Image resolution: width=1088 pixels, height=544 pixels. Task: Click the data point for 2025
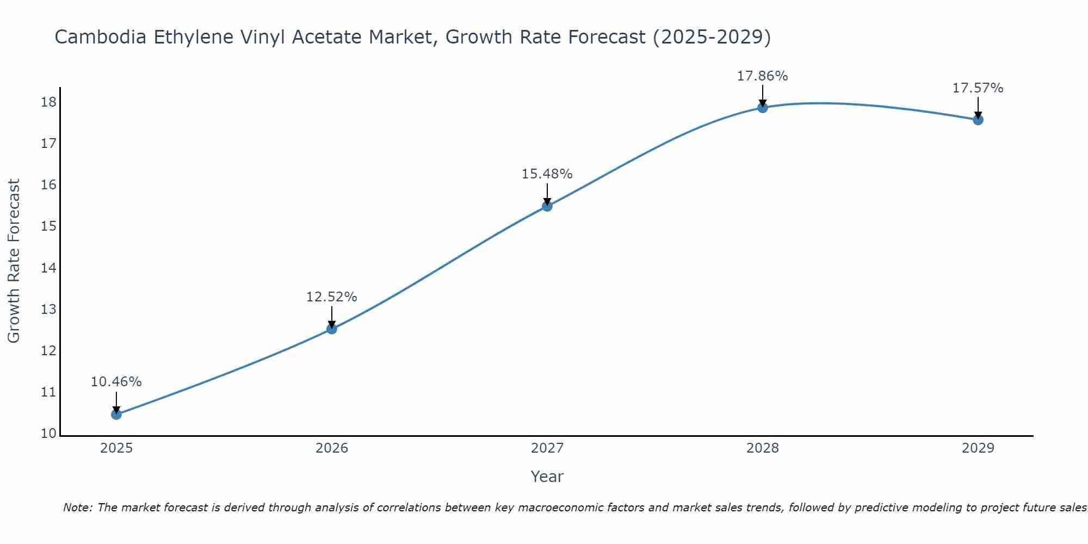tap(116, 415)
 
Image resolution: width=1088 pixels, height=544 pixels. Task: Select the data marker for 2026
tap(332, 329)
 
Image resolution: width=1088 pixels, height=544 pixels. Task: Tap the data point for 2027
tap(547, 206)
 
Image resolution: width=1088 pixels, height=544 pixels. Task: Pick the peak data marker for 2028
tap(763, 108)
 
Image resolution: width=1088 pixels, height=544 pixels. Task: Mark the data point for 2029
tap(978, 120)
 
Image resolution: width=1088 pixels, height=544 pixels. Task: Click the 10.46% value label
tap(116, 382)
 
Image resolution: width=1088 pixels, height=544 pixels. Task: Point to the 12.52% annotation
tap(331, 297)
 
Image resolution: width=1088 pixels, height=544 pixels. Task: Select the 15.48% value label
tap(547, 174)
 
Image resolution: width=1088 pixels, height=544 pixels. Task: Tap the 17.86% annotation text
tap(762, 76)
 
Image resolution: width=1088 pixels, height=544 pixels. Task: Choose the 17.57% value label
tap(978, 88)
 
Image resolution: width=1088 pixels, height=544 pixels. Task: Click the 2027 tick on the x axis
tap(547, 448)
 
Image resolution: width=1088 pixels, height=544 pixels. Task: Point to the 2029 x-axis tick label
tap(978, 448)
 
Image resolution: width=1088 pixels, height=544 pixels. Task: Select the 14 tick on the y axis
tap(49, 268)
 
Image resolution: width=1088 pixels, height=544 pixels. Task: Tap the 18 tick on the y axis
tap(49, 102)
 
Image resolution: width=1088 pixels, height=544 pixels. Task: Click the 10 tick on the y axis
tap(49, 434)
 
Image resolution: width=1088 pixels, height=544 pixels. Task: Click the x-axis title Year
tap(547, 477)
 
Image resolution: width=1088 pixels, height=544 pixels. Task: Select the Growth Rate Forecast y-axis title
tap(14, 261)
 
